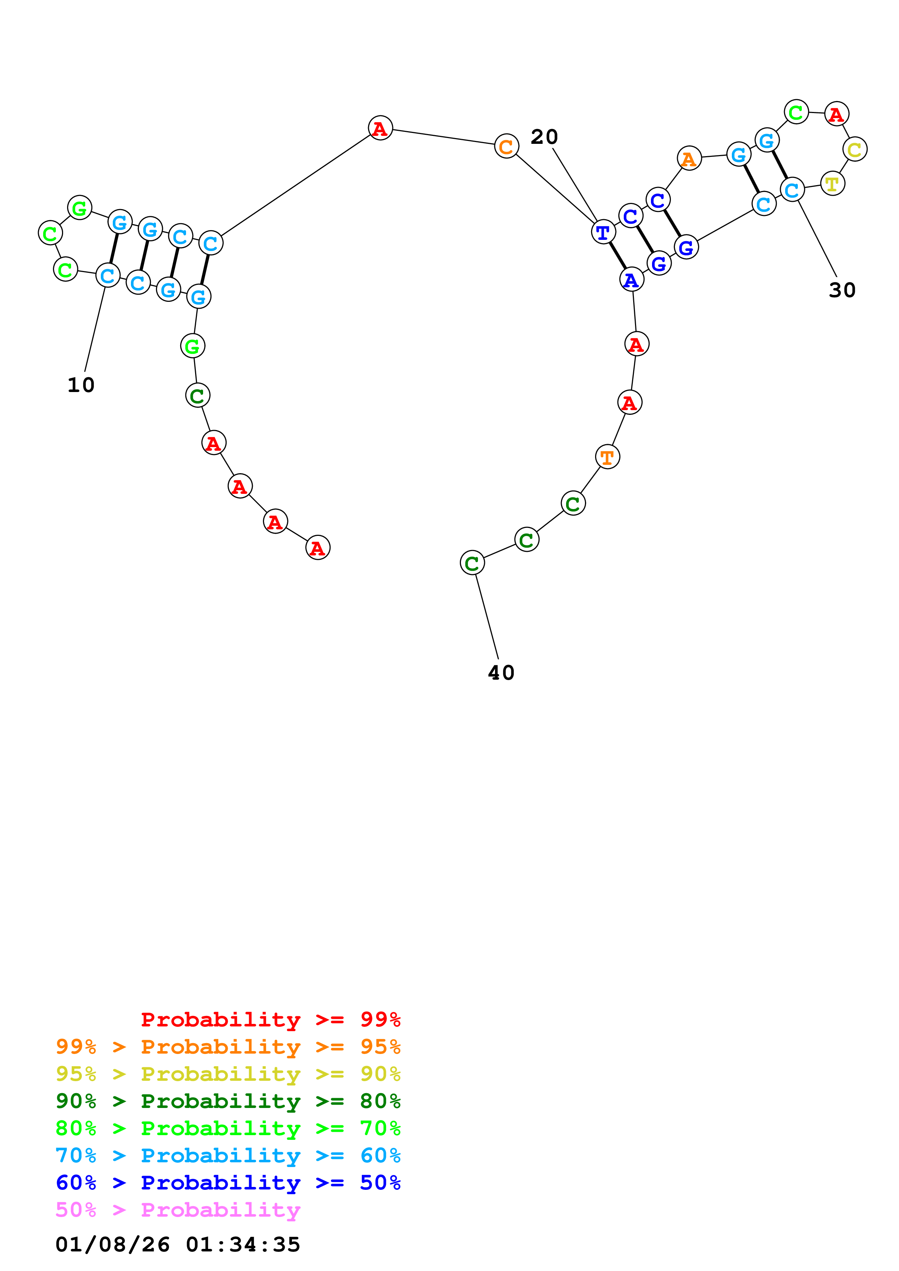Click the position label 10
81,385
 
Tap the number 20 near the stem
544,137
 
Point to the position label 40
501,672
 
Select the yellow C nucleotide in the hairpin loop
855,150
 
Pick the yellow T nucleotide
832,184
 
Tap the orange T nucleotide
608,457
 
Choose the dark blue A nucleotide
631,280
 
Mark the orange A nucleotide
689,159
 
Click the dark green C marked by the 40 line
472,563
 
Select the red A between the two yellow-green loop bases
836,114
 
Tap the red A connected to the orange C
380,128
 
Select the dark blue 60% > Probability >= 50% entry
228,1183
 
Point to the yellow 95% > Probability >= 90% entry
228,1074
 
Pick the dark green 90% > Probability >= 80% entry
228,1101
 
